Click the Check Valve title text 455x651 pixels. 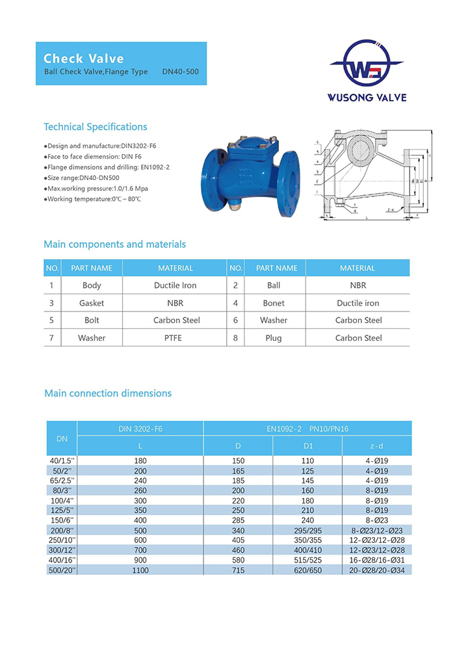pos(83,59)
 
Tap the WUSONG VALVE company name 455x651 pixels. pos(368,98)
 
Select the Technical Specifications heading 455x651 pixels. pos(96,127)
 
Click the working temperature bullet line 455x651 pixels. pos(92,199)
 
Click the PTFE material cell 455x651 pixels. pos(175,338)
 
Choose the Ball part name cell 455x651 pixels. pos(274,286)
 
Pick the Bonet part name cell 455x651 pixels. pos(274,303)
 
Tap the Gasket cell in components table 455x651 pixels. pos(92,303)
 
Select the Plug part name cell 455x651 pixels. pos(274,338)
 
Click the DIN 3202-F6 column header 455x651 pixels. pos(140,429)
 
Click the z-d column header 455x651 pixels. pos(377,446)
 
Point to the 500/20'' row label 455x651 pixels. pos(62,570)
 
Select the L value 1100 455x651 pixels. pos(140,570)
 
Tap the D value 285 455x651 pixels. pos(238,521)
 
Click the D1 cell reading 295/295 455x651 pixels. pos(307,531)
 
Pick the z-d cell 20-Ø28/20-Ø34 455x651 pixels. pos(377,570)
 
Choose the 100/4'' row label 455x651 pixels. pos(62,501)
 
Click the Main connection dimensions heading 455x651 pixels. pos(108,393)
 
